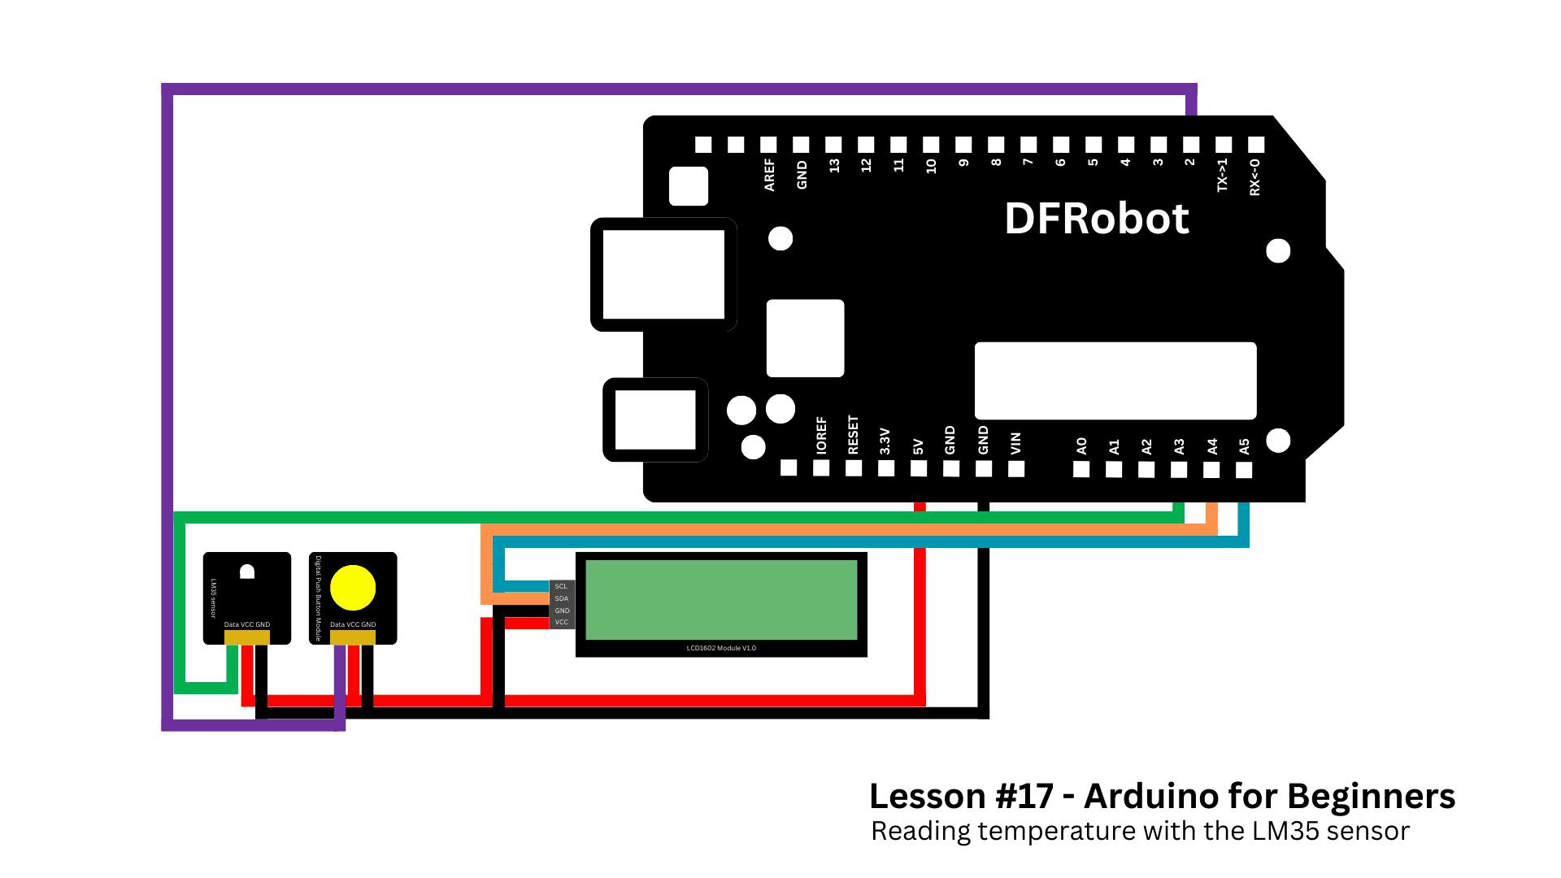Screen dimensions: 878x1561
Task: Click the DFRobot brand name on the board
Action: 1096,219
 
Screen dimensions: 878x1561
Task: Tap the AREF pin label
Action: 769,175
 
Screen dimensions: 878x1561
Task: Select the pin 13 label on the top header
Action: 834,165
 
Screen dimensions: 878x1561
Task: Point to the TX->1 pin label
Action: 1223,175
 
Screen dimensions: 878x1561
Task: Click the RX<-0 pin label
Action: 1255,176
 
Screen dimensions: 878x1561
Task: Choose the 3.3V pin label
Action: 885,441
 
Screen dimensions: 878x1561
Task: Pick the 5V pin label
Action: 918,446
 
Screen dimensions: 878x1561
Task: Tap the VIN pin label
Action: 1015,443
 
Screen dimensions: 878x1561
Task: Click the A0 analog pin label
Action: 1081,446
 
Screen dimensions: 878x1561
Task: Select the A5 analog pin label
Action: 1244,446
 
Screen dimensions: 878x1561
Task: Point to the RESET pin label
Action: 853,435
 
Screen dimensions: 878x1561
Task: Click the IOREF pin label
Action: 821,436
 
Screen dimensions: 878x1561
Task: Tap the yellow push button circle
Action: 353,588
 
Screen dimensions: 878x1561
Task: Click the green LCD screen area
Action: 721,600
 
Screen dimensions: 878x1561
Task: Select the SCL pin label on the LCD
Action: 561,586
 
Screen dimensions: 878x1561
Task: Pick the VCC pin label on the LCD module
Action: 562,623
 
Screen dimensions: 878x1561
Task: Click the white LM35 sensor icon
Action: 247,571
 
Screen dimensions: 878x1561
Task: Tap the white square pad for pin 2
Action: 1191,145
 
